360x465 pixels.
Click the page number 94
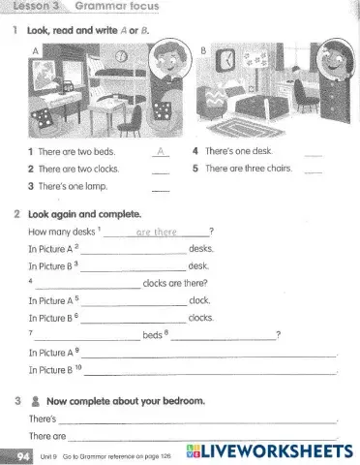[x=19, y=452]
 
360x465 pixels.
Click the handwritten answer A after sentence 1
[x=161, y=152]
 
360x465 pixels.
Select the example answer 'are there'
[x=156, y=232]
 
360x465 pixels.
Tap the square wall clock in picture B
[x=225, y=60]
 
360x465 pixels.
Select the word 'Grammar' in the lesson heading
[x=96, y=6]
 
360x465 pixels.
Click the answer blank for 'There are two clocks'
[x=161, y=170]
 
